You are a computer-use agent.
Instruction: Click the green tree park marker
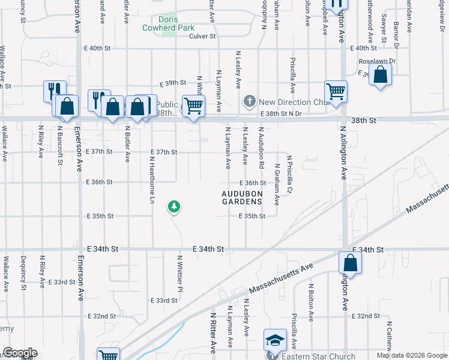[174, 207]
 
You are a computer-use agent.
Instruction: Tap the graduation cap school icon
[275, 340]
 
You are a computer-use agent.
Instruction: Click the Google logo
[20, 353]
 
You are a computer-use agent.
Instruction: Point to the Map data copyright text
[411, 355]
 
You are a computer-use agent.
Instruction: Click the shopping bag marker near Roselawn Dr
[380, 76]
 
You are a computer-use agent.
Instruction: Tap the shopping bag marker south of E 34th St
[350, 263]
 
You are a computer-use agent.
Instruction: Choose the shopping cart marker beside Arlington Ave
[336, 92]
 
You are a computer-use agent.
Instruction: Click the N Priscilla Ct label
[289, 174]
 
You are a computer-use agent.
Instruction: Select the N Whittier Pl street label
[179, 273]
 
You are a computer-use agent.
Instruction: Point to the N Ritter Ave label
[213, 332]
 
